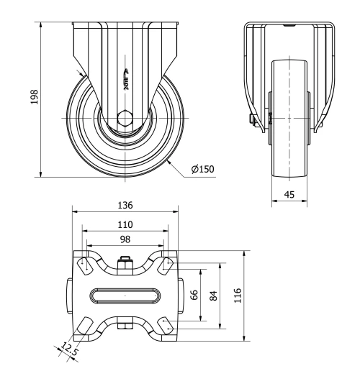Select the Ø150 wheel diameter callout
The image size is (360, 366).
[x=202, y=169]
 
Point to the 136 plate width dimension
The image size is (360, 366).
[x=125, y=205]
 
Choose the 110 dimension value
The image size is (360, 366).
[x=125, y=224]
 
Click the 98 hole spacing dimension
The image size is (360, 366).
[x=125, y=238]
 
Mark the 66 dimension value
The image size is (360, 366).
[x=194, y=295]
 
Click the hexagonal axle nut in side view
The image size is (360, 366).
[x=125, y=118]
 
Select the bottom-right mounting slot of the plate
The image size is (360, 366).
[x=166, y=326]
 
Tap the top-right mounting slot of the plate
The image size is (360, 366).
[x=166, y=265]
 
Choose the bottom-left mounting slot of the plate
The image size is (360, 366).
[x=84, y=326]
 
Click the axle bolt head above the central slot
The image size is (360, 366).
[x=125, y=262]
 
